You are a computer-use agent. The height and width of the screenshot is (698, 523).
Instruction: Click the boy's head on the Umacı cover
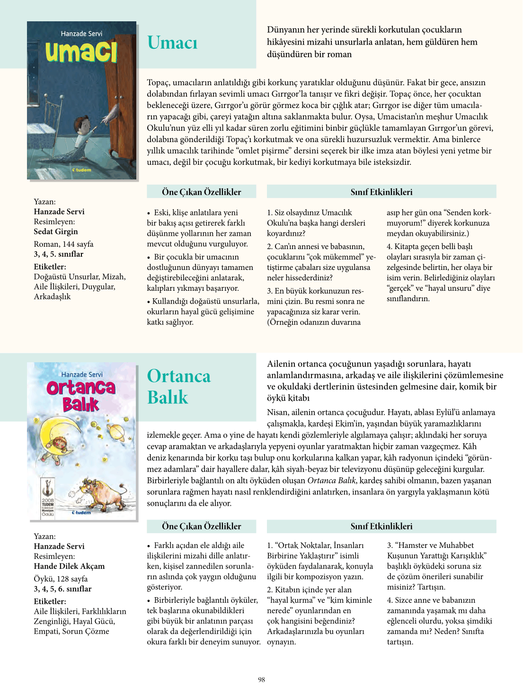pos(86,125)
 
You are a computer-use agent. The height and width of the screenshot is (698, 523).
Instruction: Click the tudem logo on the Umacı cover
pos(81,170)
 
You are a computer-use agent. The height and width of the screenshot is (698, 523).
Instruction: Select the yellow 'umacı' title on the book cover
pos(81,52)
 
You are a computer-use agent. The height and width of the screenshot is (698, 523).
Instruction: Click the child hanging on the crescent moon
pos(59,446)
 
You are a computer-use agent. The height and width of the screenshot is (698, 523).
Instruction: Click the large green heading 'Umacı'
pos(172,43)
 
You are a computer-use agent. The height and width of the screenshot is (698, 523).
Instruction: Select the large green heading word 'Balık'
pos(168,397)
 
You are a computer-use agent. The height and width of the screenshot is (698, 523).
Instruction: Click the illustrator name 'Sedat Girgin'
pos(56,232)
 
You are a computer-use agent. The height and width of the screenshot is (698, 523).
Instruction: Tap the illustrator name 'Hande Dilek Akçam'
pos(69,566)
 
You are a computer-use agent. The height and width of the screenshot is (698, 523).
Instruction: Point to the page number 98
pos(261,680)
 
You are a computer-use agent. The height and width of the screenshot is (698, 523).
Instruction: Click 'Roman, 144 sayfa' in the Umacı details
pos(63,244)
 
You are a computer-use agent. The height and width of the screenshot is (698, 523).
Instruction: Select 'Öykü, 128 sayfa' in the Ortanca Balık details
pos(61,579)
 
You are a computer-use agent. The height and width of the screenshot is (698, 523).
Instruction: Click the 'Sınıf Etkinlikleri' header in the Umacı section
pos(381,192)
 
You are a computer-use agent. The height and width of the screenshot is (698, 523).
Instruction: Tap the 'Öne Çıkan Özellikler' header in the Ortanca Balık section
pos(201,526)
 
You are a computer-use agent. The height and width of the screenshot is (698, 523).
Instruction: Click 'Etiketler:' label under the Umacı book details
pos(50,267)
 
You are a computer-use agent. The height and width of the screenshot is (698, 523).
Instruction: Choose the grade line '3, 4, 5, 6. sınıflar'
pos(62,589)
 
